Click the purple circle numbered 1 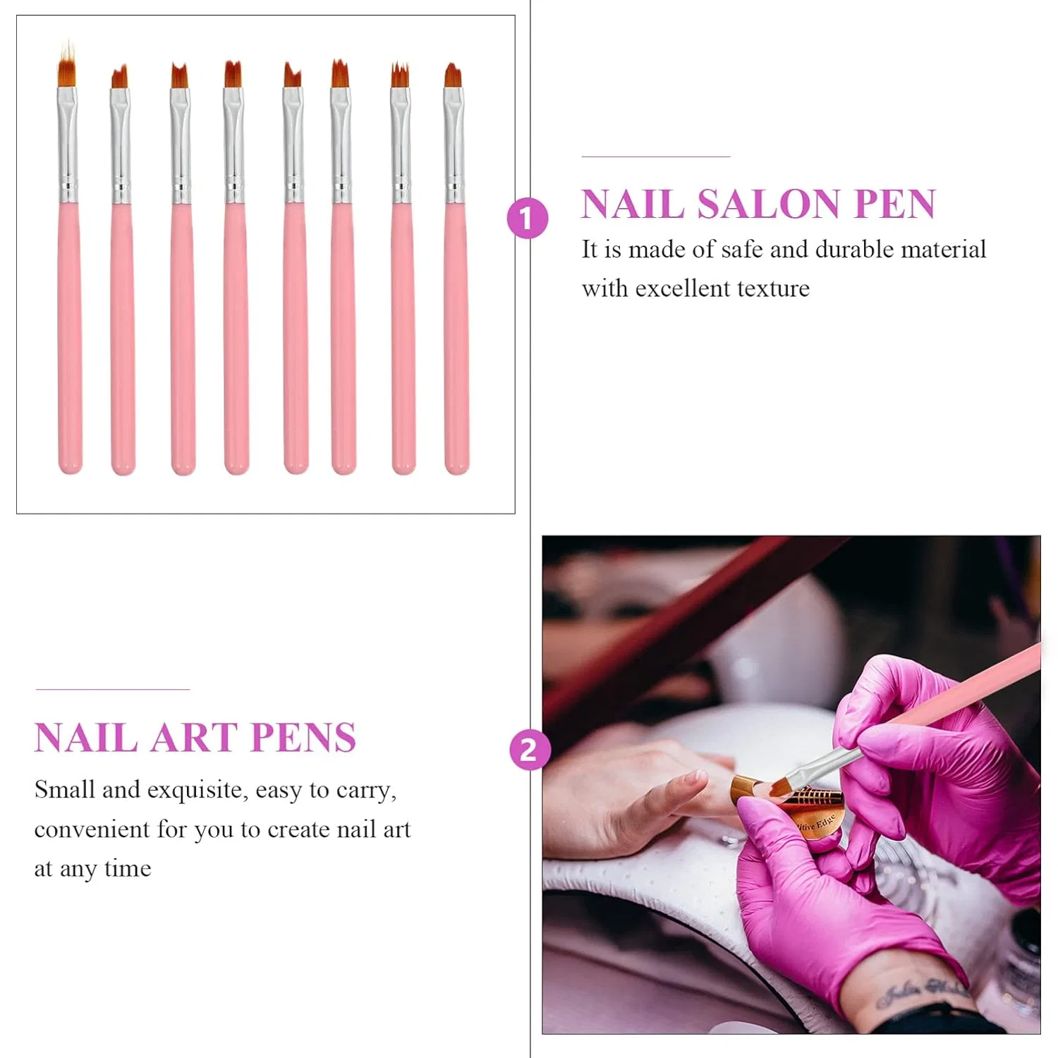pyautogui.click(x=528, y=218)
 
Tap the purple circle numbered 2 pyautogui.click(x=529, y=749)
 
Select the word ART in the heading pyautogui.click(x=194, y=738)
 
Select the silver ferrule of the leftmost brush pyautogui.click(x=68, y=145)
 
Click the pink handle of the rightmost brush pyautogui.click(x=456, y=339)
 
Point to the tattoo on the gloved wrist pyautogui.click(x=921, y=993)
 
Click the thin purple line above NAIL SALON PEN pyautogui.click(x=655, y=157)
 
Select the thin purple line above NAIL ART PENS pyautogui.click(x=113, y=689)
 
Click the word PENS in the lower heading pyautogui.click(x=303, y=738)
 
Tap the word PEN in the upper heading pyautogui.click(x=894, y=205)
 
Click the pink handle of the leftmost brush pyautogui.click(x=70, y=339)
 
